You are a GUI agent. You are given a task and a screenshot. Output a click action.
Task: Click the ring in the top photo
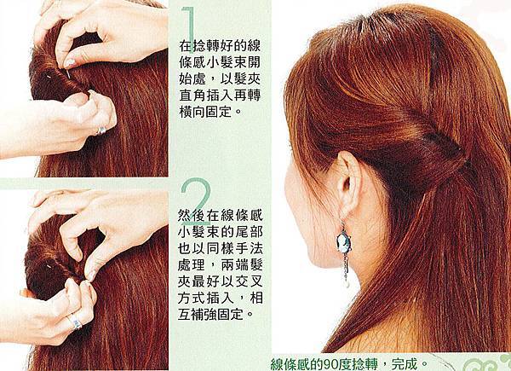tap(101, 130)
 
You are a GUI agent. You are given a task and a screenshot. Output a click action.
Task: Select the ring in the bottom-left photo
tap(75, 321)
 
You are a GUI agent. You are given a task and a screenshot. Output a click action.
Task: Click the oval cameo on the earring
tap(343, 242)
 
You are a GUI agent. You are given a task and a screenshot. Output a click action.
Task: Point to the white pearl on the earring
tap(347, 283)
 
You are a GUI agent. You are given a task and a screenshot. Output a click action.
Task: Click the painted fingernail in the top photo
tap(70, 62)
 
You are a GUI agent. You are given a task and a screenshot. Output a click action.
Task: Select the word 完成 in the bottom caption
tap(405, 363)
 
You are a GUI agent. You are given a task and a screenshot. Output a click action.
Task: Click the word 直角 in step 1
tap(195, 95)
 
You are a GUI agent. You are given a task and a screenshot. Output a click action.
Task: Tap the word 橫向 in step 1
tap(195, 112)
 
